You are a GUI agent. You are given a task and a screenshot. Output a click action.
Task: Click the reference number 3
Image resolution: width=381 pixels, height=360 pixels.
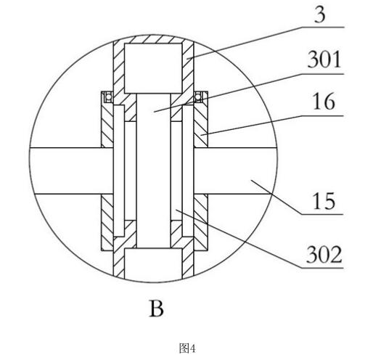tap(319, 15)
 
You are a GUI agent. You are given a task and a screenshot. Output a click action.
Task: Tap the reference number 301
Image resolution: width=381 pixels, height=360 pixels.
tap(324, 60)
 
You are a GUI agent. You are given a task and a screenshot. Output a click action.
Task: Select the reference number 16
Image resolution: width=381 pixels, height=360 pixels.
tap(324, 102)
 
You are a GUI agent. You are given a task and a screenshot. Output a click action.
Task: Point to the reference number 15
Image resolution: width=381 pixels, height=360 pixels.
tap(324, 200)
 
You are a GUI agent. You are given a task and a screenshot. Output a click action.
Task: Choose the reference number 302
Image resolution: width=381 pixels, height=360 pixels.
tap(324, 254)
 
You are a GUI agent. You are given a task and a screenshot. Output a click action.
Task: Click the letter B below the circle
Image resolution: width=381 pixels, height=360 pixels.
tap(156, 308)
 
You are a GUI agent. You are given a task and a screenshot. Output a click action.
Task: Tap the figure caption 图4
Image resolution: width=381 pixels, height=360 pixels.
tap(187, 348)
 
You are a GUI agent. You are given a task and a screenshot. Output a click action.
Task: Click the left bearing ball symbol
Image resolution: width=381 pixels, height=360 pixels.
tap(109, 97)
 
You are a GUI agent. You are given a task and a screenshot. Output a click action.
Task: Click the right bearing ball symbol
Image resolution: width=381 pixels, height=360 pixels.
tap(198, 97)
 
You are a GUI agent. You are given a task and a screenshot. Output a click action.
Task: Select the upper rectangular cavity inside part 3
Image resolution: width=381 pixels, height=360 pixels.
tap(153, 68)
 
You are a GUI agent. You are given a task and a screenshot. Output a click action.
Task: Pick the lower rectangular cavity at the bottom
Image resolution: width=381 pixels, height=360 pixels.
tap(153, 263)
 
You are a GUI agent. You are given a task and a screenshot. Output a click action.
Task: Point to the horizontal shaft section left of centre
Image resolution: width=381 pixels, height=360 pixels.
tap(71, 171)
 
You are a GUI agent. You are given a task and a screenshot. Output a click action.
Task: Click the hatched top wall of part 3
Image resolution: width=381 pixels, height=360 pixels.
tap(153, 39)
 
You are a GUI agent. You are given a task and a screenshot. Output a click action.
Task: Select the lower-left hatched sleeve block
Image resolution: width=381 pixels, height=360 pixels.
tap(107, 222)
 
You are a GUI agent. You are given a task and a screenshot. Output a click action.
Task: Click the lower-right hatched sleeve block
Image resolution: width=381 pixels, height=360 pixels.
tap(201, 222)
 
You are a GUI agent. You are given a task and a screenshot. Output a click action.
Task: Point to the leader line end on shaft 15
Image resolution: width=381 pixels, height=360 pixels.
tap(251, 181)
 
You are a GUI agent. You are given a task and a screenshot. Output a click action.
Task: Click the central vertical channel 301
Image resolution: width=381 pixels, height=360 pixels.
tap(154, 171)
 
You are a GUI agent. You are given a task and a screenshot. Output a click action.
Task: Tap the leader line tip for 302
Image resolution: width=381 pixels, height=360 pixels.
tap(176, 210)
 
